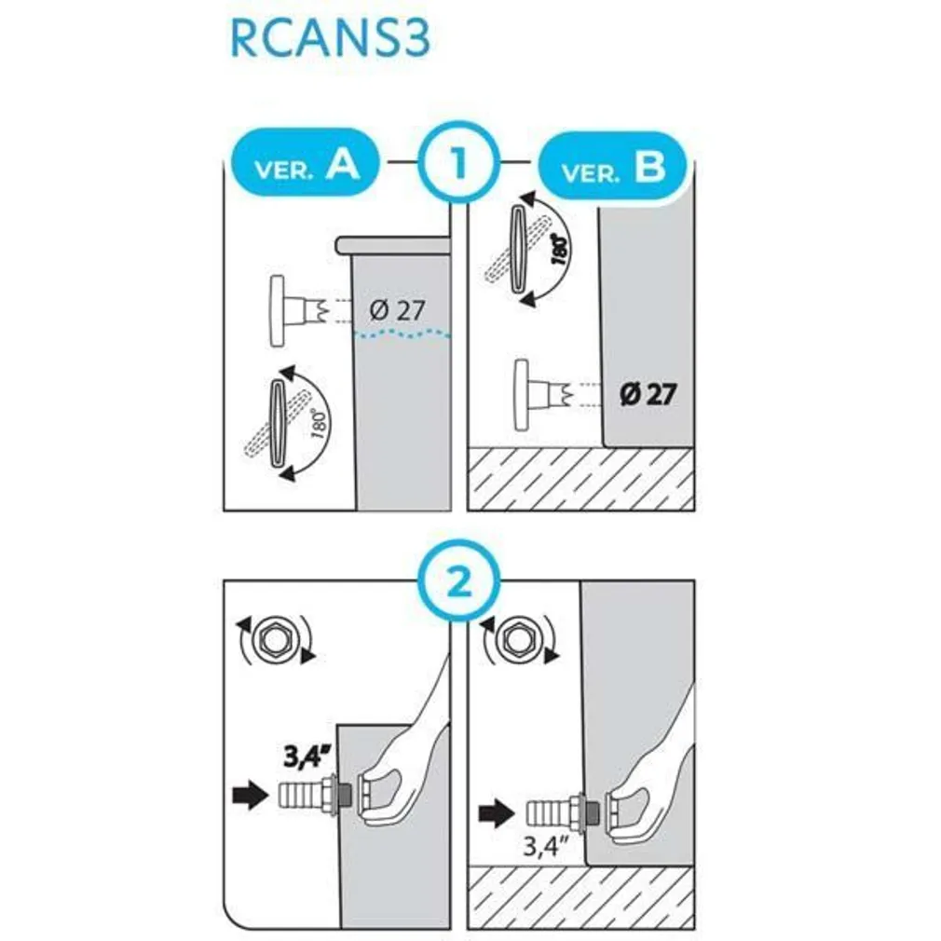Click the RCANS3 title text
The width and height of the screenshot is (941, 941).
pyautogui.click(x=330, y=39)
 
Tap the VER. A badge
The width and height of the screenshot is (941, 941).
pyautogui.click(x=306, y=163)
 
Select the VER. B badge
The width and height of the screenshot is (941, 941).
pyautogui.click(x=612, y=168)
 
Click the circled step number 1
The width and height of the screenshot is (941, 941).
pyautogui.click(x=459, y=162)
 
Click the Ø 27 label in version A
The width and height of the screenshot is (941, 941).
pyautogui.click(x=397, y=310)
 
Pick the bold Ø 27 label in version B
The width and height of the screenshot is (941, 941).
pyautogui.click(x=648, y=394)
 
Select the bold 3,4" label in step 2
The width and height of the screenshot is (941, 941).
pyautogui.click(x=307, y=757)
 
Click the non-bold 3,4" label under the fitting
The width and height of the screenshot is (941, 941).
pyautogui.click(x=546, y=846)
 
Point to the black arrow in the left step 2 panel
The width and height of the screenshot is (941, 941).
pyautogui.click(x=251, y=795)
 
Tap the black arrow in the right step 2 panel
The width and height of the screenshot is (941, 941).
pyautogui.click(x=497, y=814)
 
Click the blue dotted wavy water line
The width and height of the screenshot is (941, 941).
pyautogui.click(x=402, y=334)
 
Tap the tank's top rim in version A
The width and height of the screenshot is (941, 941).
pyautogui.click(x=392, y=245)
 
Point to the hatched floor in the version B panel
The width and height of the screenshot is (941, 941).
pyautogui.click(x=581, y=479)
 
